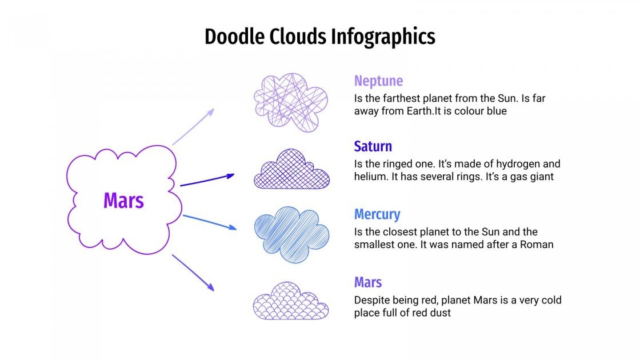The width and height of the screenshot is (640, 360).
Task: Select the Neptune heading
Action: pos(378,81)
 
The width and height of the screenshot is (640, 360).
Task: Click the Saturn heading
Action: pos(373,146)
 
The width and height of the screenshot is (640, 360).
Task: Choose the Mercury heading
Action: pos(377,214)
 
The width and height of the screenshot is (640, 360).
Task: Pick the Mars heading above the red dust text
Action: pos(368,282)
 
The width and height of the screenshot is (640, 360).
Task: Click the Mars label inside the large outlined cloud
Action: pos(123,201)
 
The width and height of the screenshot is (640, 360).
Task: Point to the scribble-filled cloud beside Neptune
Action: pos(290,102)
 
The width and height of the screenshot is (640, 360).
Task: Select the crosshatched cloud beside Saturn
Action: pos(291,170)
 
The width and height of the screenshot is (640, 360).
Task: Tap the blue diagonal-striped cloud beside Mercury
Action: pos(291,234)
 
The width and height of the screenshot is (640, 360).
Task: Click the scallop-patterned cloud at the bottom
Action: pos(290,301)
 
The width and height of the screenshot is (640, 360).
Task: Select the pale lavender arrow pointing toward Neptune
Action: pos(193,126)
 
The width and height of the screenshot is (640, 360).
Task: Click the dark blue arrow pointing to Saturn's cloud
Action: pos(207,180)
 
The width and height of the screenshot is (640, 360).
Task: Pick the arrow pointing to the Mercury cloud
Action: pos(209,222)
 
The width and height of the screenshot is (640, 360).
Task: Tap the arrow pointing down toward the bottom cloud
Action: pos(193,273)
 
